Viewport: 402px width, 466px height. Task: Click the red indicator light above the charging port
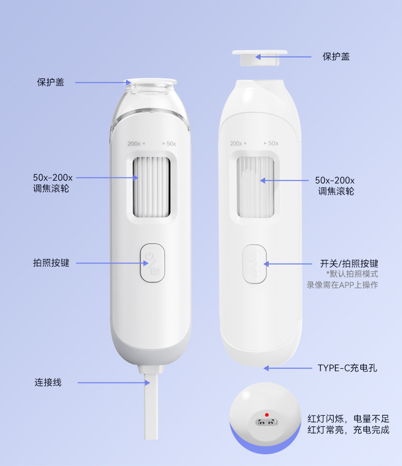pos(267,415)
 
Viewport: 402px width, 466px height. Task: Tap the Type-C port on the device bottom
pos(267,422)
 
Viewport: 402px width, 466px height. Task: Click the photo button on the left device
pos(153,263)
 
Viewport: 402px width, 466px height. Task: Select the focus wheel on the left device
pos(152,187)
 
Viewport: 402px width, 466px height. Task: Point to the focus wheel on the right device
pos(255,187)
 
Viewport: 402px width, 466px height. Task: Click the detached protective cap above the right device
pos(260,57)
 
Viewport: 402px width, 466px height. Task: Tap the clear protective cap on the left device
pos(151,86)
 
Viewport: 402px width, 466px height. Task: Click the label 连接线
pos(48,382)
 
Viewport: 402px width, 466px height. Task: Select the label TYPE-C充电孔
pos(347,368)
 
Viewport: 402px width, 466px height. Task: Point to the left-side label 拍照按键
pos(51,263)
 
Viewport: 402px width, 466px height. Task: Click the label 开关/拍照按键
pos(349,264)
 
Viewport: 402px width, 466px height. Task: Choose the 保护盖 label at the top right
pos(336,56)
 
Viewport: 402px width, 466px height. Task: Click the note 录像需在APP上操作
pos(342,285)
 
